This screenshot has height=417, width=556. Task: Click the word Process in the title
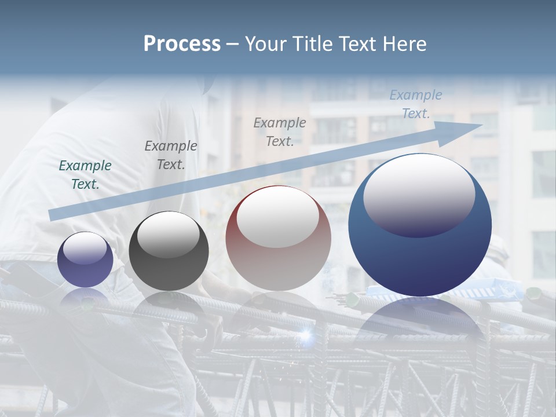[182, 44]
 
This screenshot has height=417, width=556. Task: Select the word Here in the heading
[405, 44]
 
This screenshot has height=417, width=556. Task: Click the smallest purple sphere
[85, 259]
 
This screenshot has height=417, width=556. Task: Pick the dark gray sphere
[169, 251]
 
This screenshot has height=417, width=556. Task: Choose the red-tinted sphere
[278, 238]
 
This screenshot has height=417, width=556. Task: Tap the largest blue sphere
[420, 225]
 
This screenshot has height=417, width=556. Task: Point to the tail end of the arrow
[52, 215]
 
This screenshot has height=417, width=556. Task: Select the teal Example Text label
[85, 175]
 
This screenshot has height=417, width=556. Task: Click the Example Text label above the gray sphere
[171, 155]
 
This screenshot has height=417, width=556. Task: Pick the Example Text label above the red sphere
[280, 131]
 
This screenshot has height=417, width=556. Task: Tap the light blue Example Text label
[416, 104]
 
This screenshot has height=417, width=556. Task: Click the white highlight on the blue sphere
[419, 195]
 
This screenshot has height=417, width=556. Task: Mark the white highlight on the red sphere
[278, 217]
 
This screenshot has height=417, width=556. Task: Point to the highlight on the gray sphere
[169, 235]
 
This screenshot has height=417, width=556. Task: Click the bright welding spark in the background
[305, 334]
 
